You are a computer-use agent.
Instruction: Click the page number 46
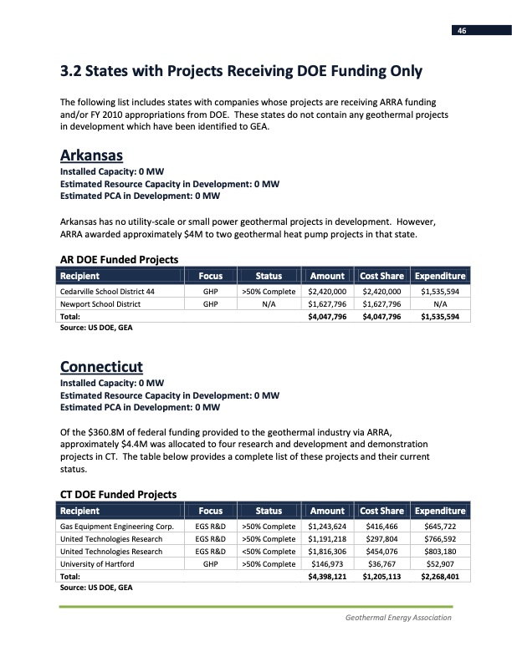(461, 31)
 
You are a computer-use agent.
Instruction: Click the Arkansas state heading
(92, 155)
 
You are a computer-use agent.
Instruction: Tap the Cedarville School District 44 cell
(107, 292)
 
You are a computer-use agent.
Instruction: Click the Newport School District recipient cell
(99, 304)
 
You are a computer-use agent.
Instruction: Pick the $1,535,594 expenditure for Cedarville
(440, 292)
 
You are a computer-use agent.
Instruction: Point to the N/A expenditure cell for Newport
(440, 304)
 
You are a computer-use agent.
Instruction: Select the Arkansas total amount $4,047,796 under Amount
(327, 317)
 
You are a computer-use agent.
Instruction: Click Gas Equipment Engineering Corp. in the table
(116, 527)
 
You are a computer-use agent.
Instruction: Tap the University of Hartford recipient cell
(98, 564)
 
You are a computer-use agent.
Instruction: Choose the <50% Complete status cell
(269, 552)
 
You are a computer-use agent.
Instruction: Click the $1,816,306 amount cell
(327, 552)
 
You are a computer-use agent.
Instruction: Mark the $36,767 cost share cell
(381, 564)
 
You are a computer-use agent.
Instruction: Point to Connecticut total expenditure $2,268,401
(440, 577)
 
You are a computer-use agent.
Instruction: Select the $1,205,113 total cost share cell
(381, 577)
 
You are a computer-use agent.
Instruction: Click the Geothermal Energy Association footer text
(398, 618)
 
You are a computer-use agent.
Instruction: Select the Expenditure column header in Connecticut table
(440, 511)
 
